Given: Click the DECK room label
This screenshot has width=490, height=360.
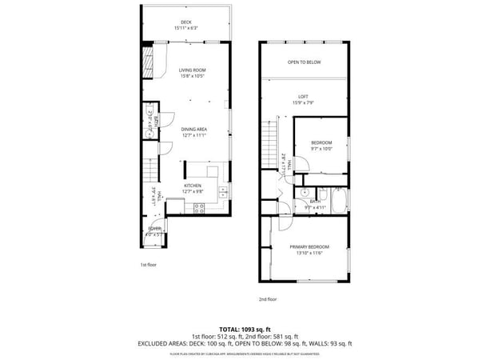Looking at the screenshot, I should [185, 22].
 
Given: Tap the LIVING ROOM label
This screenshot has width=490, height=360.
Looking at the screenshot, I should [192, 71].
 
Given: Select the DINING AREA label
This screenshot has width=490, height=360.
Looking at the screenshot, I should [193, 129].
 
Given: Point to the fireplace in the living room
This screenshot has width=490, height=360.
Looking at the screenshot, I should [148, 63].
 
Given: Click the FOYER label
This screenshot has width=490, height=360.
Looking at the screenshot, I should [153, 229].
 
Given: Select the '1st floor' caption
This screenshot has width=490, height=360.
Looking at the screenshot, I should [149, 264].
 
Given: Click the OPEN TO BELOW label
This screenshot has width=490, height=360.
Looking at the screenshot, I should [304, 62].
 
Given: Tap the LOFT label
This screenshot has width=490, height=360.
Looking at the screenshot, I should [304, 97].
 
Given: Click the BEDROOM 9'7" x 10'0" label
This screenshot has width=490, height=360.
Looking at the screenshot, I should [321, 143].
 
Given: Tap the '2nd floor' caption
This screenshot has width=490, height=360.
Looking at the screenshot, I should [267, 299].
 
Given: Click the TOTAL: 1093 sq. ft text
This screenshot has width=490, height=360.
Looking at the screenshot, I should [245, 329].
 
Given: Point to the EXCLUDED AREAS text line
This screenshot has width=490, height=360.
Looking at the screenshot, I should [245, 343].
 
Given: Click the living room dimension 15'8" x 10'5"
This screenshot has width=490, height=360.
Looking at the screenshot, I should [192, 77].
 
